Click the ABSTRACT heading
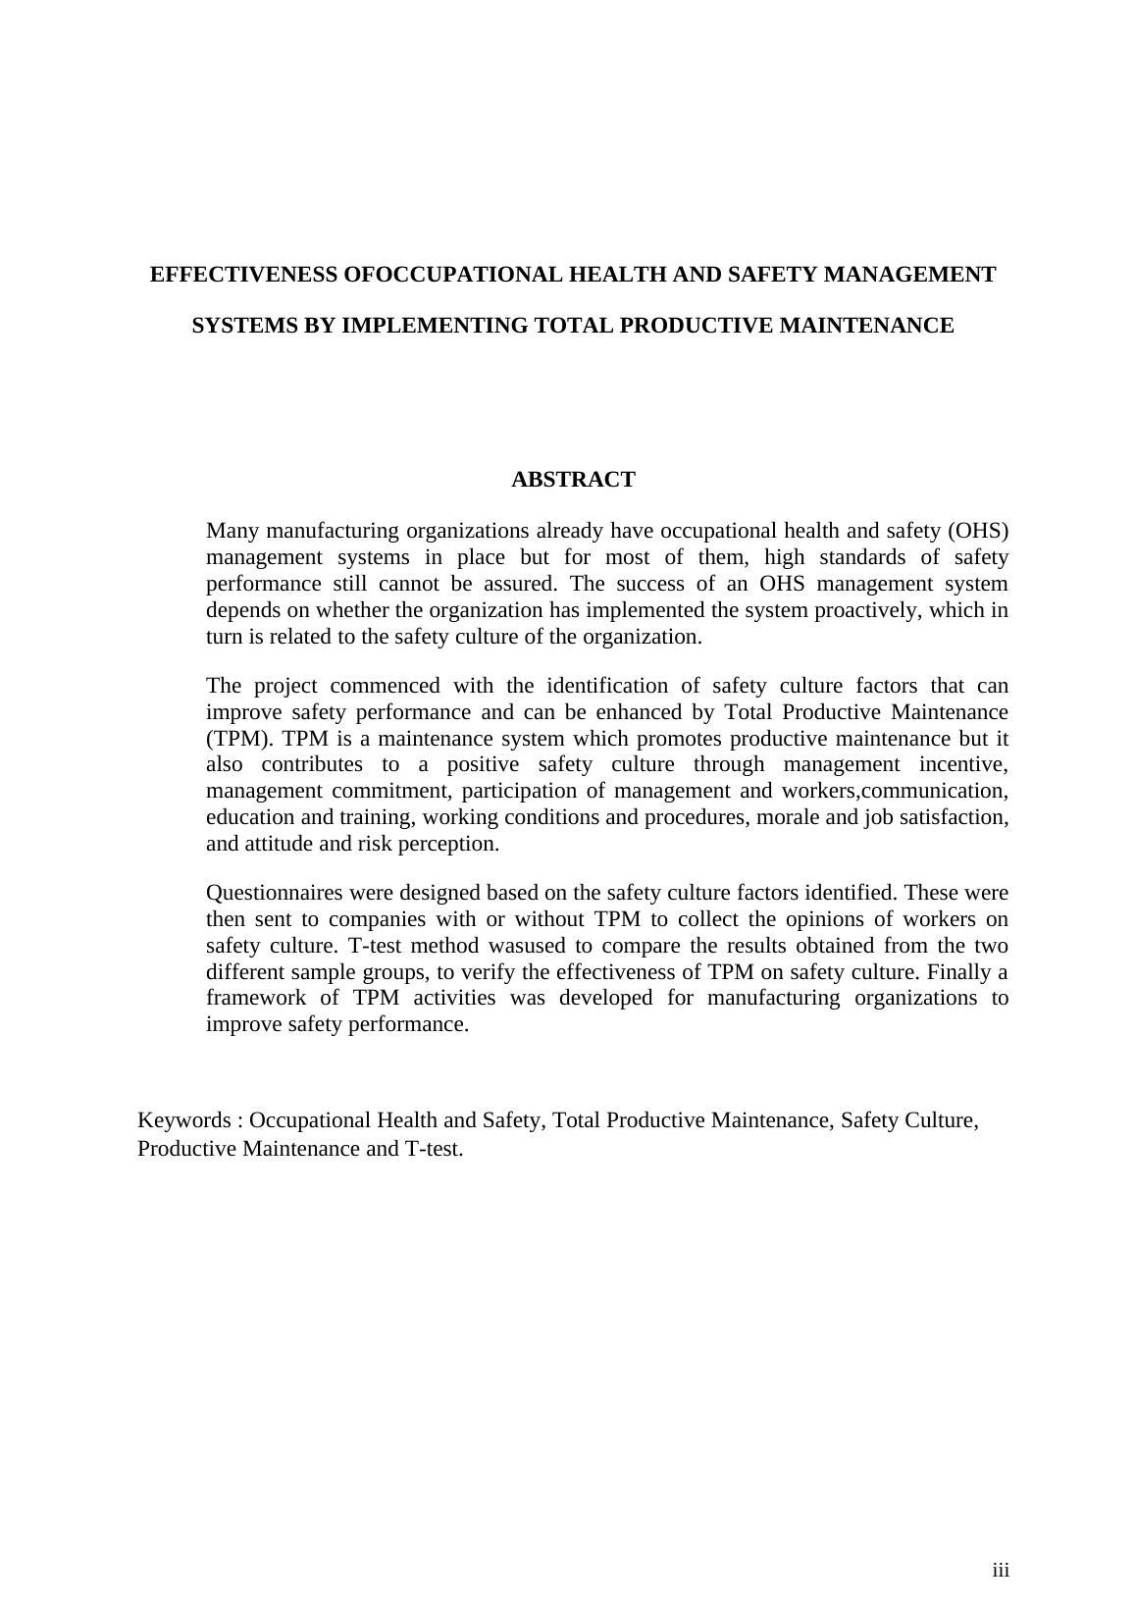click(x=573, y=480)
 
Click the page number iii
click(x=1000, y=1571)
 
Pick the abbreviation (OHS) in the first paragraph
click(x=977, y=531)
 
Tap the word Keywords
click(x=183, y=1120)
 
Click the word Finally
click(x=957, y=972)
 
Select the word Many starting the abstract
click(x=233, y=531)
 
